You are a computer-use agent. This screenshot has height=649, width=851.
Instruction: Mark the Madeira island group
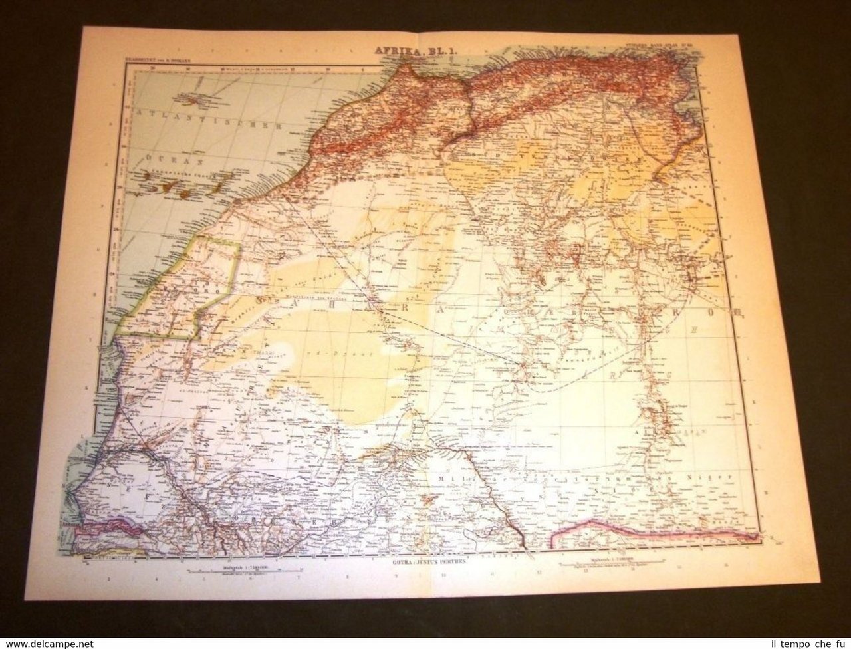[x=190, y=101]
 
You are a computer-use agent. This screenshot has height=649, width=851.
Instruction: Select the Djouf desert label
[x=359, y=356]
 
